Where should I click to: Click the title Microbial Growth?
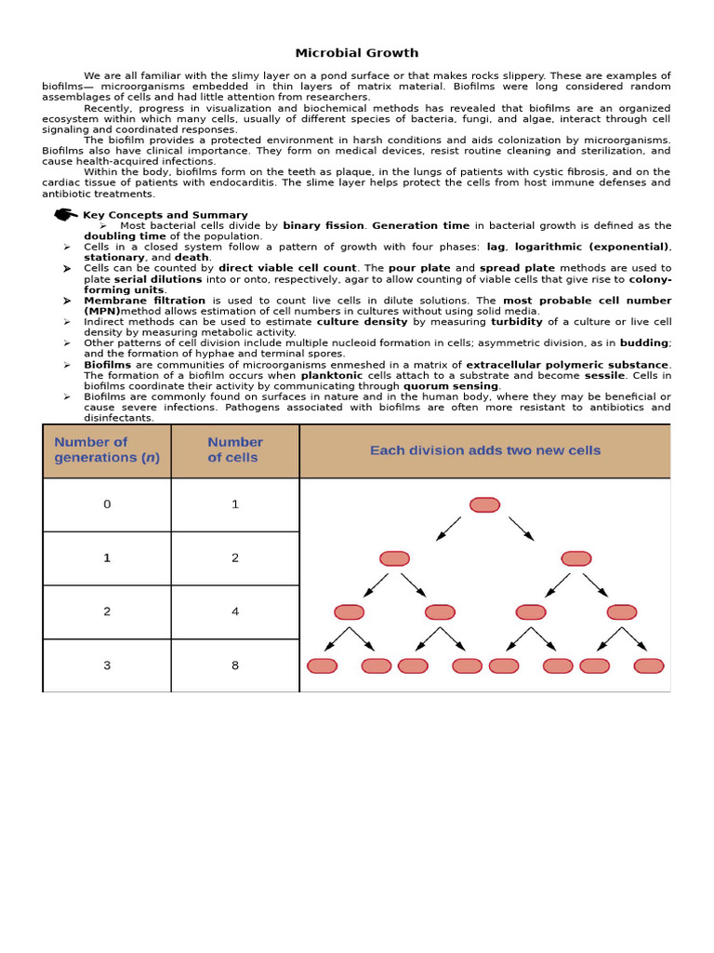[356, 53]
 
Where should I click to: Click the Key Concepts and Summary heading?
[165, 215]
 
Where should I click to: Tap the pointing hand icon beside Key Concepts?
[66, 215]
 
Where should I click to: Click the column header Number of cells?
[234, 450]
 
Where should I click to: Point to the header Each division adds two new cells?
[484, 450]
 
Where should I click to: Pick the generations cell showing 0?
[107, 504]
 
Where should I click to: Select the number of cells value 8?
[235, 665]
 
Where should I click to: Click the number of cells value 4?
[235, 611]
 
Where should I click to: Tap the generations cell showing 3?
[107, 665]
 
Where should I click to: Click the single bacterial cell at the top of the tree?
[484, 504]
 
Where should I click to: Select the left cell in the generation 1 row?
[394, 558]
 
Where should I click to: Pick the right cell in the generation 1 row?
[575, 558]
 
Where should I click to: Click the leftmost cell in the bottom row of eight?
[322, 665]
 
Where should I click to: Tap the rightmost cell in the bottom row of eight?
[648, 665]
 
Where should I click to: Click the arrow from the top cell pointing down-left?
[448, 529]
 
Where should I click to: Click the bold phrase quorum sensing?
[451, 386]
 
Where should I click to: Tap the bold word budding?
[644, 343]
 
